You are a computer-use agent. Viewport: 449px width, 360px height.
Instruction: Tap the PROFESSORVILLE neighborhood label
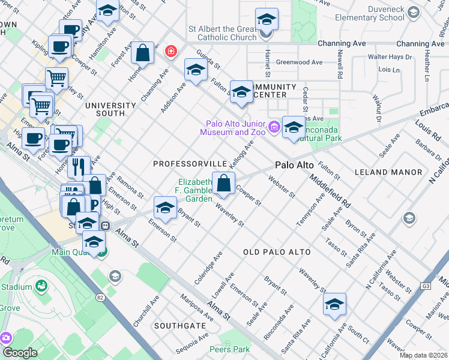click(190, 164)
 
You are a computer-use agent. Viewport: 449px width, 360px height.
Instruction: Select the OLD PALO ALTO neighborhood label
click(277, 252)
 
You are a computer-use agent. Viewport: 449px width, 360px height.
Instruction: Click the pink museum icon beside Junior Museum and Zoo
click(274, 126)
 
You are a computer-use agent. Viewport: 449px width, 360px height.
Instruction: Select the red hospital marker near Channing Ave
click(171, 52)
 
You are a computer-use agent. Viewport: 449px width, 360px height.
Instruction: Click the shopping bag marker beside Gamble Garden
click(223, 184)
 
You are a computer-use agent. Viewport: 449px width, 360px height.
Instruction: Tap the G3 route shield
click(427, 286)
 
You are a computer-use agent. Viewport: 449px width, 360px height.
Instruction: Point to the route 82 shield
click(100, 296)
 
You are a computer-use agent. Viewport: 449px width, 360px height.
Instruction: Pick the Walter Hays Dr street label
click(390, 58)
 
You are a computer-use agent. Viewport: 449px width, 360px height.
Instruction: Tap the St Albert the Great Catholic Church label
click(223, 32)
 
